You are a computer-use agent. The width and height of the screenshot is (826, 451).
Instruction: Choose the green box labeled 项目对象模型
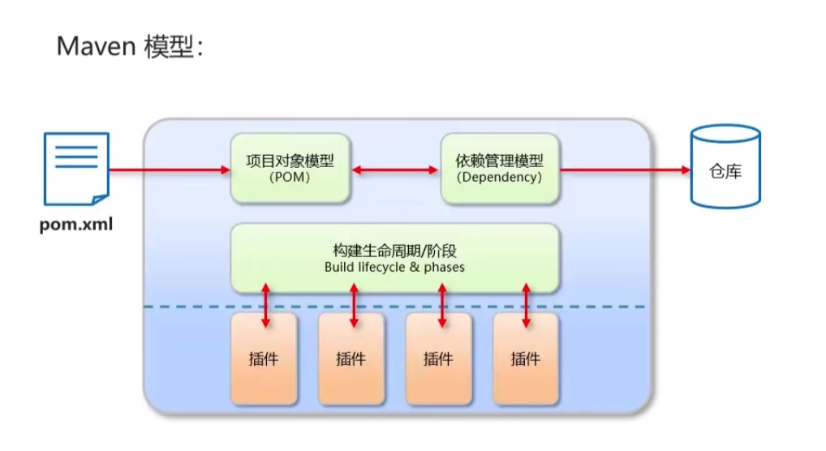coord(290,168)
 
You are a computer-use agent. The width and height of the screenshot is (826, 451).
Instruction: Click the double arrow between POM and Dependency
coord(395,170)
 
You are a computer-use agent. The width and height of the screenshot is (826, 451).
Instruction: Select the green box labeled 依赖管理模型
coord(499,168)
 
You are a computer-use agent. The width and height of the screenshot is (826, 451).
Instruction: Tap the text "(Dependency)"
coord(499,178)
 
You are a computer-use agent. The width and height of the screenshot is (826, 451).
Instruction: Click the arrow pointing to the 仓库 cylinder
coord(625,170)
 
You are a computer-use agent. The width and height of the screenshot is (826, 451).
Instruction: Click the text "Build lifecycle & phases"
coord(394,267)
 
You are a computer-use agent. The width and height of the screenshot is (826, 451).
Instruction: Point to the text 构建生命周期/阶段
coord(394,251)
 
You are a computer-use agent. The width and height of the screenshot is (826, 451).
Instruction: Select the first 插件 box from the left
coord(264,359)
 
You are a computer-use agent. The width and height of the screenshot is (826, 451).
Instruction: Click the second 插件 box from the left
coord(351,359)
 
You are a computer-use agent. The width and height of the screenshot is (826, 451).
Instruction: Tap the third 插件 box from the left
coord(438,359)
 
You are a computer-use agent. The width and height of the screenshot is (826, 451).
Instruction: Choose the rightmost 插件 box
coord(526,359)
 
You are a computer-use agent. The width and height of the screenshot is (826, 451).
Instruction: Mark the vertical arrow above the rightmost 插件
coord(527,304)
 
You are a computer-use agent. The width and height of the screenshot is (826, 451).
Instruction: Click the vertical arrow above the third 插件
coord(442,304)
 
